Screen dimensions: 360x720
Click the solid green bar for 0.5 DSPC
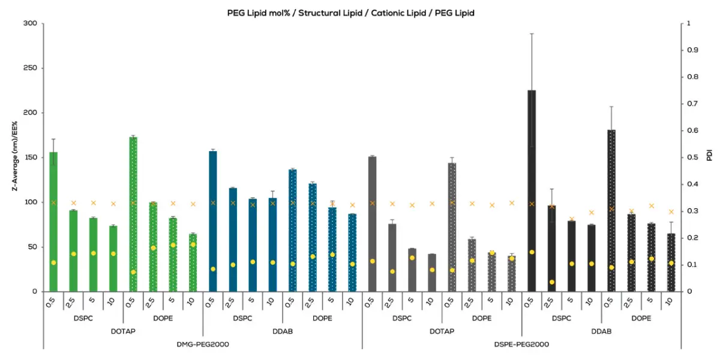coord(53,222)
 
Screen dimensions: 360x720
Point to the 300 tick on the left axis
coord(30,24)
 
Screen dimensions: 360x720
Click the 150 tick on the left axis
coord(30,158)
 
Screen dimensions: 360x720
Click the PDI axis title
coord(709,157)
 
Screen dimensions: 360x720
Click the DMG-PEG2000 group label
coord(203,344)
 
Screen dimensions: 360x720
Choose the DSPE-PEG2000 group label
coord(521,344)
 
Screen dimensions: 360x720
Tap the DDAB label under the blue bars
coord(283,331)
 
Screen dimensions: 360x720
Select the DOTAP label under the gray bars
coord(442,331)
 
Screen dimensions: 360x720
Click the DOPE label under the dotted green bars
coord(163,318)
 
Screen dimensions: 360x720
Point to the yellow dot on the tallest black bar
coord(532,252)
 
